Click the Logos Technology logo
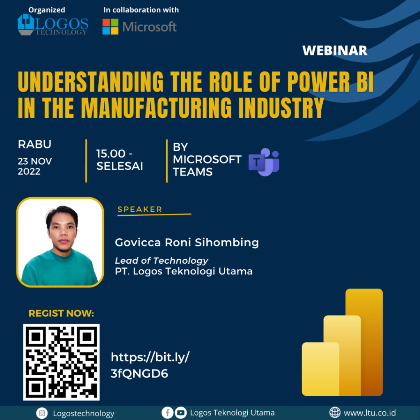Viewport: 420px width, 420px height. click(x=53, y=25)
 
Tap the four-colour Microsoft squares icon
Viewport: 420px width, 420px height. click(x=110, y=27)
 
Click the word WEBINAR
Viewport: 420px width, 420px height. click(x=335, y=50)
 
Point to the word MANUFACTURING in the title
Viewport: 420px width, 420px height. click(x=156, y=108)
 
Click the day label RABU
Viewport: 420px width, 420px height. click(x=34, y=144)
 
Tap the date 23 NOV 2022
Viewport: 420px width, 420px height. click(x=35, y=167)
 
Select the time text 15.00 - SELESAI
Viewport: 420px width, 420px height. click(x=119, y=160)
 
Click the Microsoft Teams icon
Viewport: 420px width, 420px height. click(x=264, y=162)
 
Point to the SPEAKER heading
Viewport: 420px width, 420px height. click(x=140, y=209)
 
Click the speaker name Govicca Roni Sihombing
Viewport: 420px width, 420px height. click(x=187, y=242)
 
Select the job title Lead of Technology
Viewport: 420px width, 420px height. click(x=162, y=260)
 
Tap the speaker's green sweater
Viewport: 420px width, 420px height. click(x=59, y=269)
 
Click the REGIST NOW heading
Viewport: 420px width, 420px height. click(x=62, y=313)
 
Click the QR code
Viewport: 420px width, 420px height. click(x=62, y=362)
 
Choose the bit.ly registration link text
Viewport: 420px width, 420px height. click(x=150, y=365)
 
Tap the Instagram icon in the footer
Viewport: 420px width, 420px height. click(x=42, y=413)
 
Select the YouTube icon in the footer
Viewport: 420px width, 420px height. click(x=181, y=413)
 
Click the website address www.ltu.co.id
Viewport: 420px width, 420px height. click(x=370, y=413)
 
